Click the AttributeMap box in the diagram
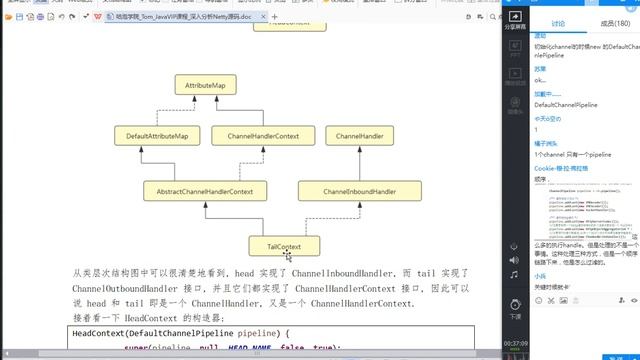(x=206, y=87)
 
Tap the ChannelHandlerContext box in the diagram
(x=263, y=135)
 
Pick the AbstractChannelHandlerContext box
(x=198, y=189)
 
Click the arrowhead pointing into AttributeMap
(x=206, y=100)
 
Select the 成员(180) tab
(x=610, y=23)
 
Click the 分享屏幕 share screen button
(x=515, y=23)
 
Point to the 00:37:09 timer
(x=515, y=343)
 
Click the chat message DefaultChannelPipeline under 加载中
(x=566, y=104)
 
